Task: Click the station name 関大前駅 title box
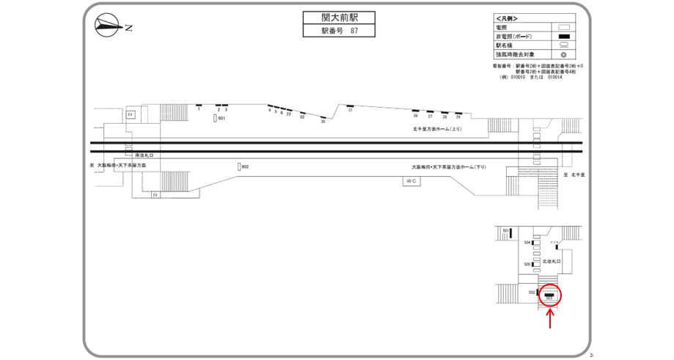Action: coord(337,18)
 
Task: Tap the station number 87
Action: coord(354,31)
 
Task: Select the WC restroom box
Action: coord(411,180)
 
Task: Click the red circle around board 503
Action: coord(549,295)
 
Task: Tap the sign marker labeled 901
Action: coord(215,118)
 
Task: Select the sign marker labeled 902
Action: coord(239,167)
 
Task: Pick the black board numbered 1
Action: coord(199,106)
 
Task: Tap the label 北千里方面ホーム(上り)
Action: coord(438,128)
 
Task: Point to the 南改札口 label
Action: coord(144,155)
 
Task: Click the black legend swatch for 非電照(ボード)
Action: coord(564,36)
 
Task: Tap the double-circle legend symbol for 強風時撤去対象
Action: coord(564,54)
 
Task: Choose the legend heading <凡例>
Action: coord(507,18)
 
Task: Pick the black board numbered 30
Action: coord(323,117)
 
